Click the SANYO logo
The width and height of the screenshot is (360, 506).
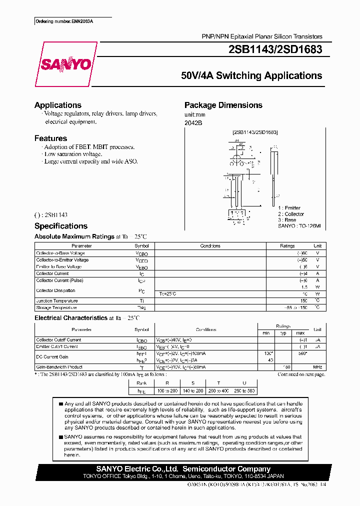(65, 64)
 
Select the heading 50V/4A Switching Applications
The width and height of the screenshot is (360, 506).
(251, 76)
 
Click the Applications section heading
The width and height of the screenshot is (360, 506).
(58, 105)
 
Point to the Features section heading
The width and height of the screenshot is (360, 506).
(50, 138)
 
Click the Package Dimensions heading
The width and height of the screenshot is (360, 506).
(223, 105)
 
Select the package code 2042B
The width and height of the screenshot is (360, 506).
(193, 122)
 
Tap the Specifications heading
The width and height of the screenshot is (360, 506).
(61, 226)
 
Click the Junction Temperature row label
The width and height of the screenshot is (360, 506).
(56, 301)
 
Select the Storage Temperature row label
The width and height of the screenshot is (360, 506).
(56, 307)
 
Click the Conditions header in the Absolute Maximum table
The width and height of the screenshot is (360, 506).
(210, 246)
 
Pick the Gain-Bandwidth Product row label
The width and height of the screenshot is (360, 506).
(59, 367)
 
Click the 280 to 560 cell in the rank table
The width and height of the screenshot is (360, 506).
(244, 390)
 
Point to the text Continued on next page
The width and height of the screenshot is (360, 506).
(301, 374)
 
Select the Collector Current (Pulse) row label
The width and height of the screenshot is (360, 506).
(59, 280)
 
